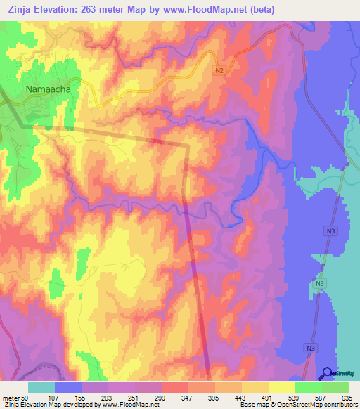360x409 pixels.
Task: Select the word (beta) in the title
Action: (259, 10)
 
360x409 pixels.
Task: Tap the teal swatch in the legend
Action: (41, 387)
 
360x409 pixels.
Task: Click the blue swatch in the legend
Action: (68, 387)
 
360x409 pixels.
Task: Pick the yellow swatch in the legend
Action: (282, 387)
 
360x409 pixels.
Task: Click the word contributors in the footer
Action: (340, 405)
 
